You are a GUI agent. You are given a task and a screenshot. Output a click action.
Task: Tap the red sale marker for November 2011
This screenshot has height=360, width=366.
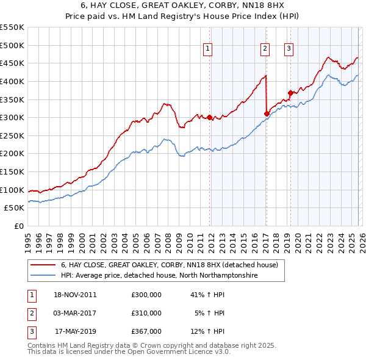click(x=210, y=117)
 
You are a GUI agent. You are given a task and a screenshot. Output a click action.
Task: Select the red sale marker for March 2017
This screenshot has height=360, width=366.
click(x=267, y=113)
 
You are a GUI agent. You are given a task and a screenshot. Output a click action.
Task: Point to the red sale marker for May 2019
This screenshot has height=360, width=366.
click(x=290, y=93)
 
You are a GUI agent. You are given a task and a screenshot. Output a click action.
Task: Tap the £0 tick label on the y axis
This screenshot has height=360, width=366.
click(x=18, y=226)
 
